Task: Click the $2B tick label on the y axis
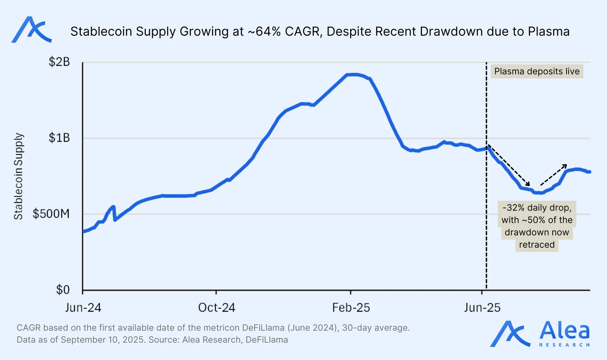[x=59, y=62]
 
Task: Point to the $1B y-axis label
[x=59, y=138]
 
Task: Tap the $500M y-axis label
[x=51, y=214]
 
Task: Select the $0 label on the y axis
[x=63, y=290]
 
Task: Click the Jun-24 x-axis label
[x=83, y=307]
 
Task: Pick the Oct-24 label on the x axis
[x=216, y=307]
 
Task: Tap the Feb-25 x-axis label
[x=351, y=307]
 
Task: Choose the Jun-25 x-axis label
[x=482, y=307]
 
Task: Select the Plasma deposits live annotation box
[x=537, y=71]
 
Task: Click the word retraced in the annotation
[x=537, y=245]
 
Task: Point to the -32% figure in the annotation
[x=513, y=208]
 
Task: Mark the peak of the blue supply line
[x=354, y=74]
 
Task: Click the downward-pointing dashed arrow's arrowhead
[x=528, y=185]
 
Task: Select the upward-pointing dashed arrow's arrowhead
[x=565, y=165]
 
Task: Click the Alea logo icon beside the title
[x=31, y=30]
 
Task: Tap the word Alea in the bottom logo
[x=564, y=331]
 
